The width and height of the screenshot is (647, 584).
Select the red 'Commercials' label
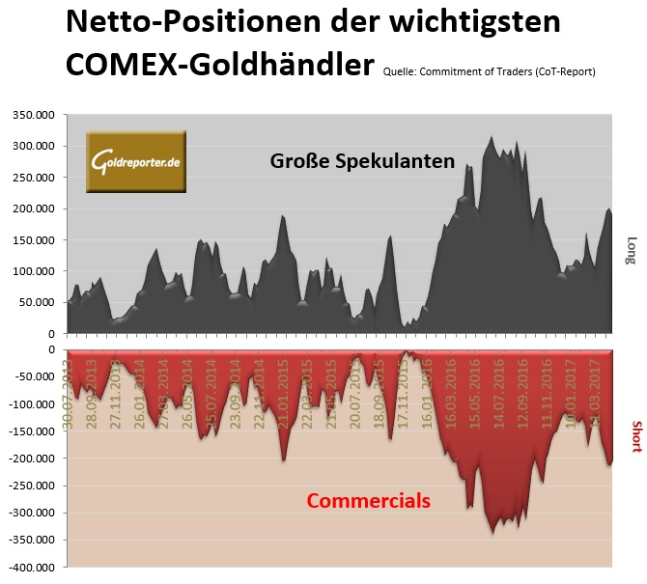(368, 501)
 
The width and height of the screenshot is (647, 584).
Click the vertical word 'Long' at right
(632, 250)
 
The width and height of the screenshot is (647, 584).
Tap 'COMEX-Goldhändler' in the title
(219, 65)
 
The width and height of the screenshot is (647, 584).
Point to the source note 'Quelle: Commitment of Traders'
(489, 71)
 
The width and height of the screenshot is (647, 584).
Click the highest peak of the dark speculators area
(492, 138)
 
